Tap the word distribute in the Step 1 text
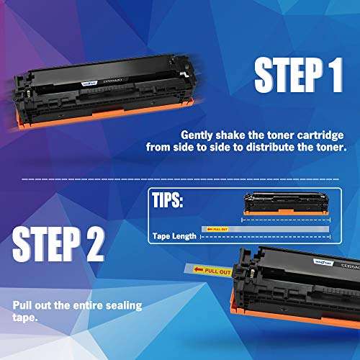(284, 146)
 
